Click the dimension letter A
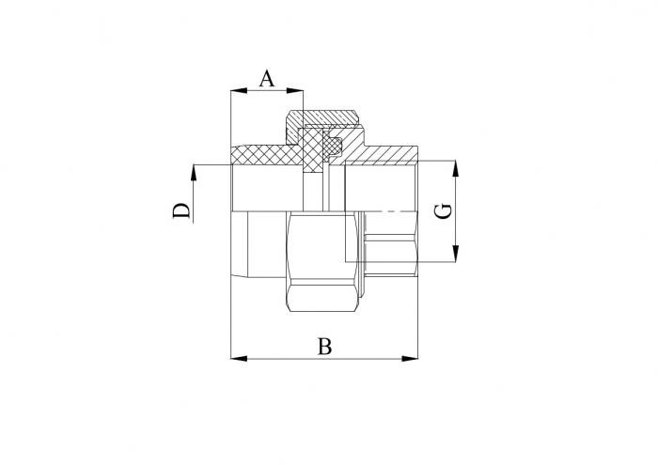[267, 78]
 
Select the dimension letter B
[324, 347]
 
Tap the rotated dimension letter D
[181, 210]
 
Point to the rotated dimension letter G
[443, 210]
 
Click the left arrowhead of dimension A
[239, 90]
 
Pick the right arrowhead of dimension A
[294, 90]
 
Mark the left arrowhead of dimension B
[239, 359]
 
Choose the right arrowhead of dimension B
[410, 359]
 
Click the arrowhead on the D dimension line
[194, 172]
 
